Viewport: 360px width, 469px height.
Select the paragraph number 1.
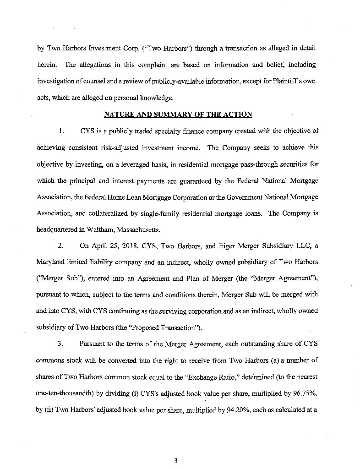coord(61,131)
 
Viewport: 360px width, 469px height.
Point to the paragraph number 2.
coord(61,245)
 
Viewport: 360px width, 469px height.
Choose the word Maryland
coord(51,262)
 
